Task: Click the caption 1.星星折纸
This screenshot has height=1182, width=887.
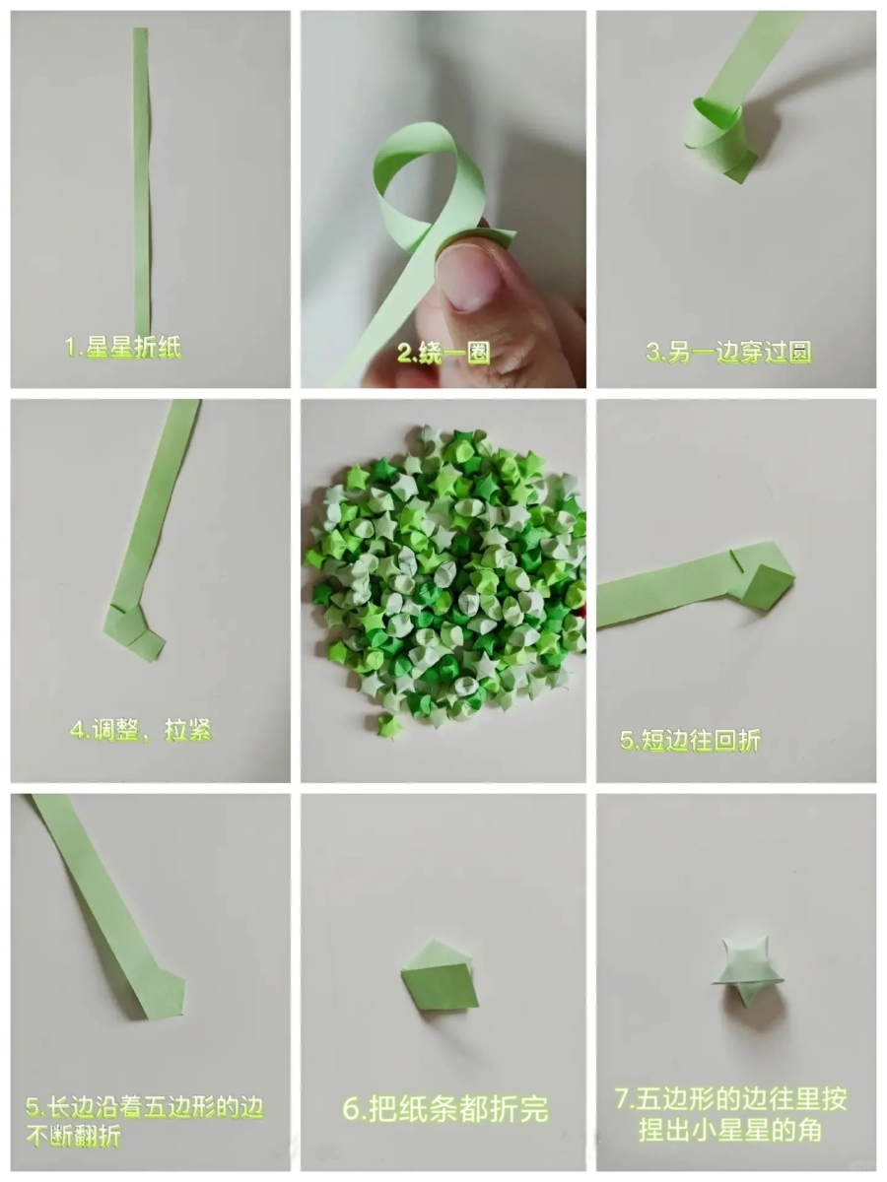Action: click(x=123, y=348)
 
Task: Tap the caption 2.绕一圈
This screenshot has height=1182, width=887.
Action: click(x=443, y=354)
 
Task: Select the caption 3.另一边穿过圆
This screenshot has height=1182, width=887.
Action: click(x=728, y=353)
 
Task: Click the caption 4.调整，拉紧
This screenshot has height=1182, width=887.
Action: click(x=141, y=730)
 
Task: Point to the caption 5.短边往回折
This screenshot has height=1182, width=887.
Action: click(x=691, y=740)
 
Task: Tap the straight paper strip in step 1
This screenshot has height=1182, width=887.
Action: click(x=141, y=180)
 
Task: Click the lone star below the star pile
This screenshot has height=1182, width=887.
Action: click(x=389, y=725)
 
